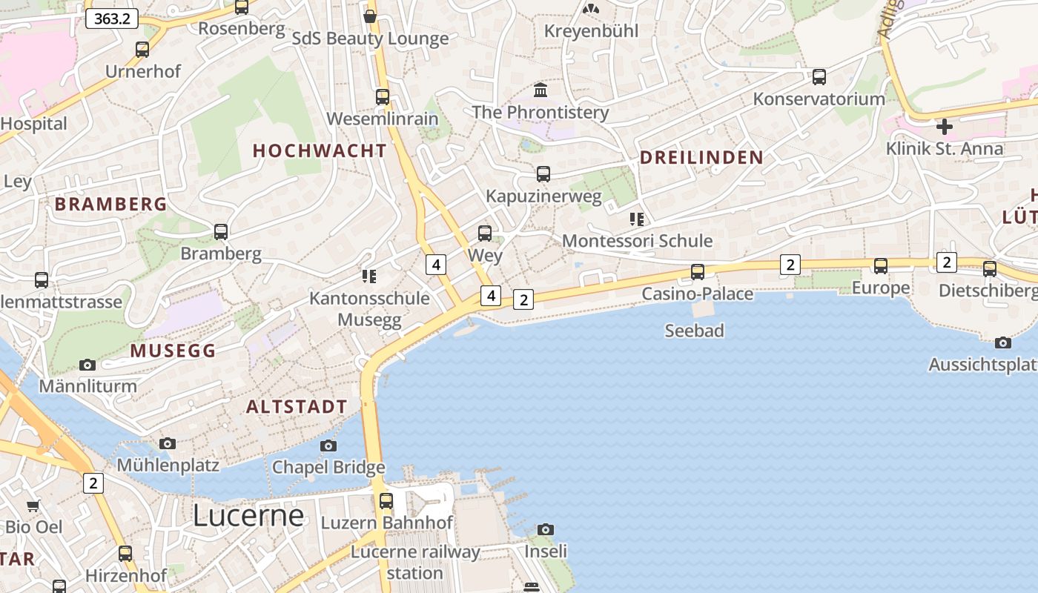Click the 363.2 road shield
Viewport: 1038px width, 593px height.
(x=112, y=19)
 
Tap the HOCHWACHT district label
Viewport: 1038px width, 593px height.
(x=320, y=150)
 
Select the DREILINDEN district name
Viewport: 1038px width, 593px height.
(x=701, y=157)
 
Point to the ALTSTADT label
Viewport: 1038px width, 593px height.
(x=297, y=406)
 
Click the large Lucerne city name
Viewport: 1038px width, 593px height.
(x=248, y=516)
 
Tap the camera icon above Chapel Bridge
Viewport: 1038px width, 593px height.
(x=328, y=445)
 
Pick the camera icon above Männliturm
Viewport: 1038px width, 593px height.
(x=87, y=365)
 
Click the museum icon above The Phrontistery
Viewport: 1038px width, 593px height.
(x=541, y=90)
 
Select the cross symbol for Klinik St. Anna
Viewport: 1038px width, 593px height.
(x=944, y=127)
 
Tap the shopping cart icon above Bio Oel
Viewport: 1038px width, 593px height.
(x=33, y=506)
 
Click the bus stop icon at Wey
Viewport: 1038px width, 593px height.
(x=485, y=233)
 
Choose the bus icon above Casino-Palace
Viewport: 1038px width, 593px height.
(x=698, y=272)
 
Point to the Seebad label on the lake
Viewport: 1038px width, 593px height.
(x=694, y=331)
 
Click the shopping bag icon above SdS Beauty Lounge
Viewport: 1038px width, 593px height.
(x=370, y=16)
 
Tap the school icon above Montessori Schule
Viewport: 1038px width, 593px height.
(x=637, y=219)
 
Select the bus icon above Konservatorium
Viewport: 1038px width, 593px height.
(x=819, y=77)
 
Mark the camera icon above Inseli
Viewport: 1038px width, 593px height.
(x=546, y=529)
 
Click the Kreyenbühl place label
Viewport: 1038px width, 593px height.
(x=591, y=31)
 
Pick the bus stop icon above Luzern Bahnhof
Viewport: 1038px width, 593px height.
(x=386, y=500)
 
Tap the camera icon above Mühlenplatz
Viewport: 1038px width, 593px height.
(x=168, y=443)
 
